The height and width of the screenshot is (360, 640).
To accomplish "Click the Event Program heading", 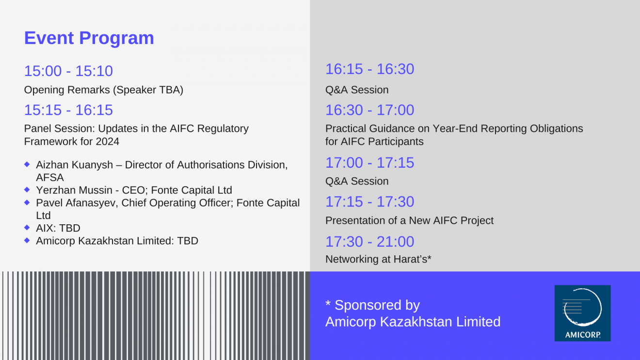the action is click(x=89, y=38).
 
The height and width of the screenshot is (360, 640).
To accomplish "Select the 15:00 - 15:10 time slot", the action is click(x=68, y=71).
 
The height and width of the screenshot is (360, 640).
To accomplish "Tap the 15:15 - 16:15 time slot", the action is click(x=68, y=110).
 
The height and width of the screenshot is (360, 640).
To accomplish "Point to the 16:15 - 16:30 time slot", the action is click(x=370, y=69).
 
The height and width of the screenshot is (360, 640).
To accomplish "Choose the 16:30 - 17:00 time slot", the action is click(x=370, y=110).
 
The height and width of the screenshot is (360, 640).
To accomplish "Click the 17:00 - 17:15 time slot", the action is click(x=370, y=163).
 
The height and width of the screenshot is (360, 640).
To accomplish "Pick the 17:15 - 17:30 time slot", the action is click(x=370, y=202).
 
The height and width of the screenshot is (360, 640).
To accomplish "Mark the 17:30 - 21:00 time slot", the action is click(x=370, y=241).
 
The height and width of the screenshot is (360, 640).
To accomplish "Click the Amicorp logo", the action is click(x=583, y=313).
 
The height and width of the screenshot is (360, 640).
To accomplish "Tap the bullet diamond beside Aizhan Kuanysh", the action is click(x=27, y=164).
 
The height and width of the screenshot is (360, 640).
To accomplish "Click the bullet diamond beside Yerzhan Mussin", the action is click(x=27, y=189).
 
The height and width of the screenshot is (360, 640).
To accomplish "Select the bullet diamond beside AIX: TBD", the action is click(x=27, y=228).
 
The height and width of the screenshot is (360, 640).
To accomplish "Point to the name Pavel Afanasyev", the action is click(x=76, y=203).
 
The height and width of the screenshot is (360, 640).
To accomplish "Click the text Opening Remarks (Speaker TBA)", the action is click(x=104, y=90).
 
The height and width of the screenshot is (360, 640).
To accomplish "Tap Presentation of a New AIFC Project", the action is click(x=409, y=220).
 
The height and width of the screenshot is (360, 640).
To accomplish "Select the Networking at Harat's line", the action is click(x=378, y=259).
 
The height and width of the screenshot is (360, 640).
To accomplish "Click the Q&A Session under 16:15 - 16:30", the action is click(x=357, y=90).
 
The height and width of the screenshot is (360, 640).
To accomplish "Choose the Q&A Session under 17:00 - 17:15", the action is click(x=357, y=181).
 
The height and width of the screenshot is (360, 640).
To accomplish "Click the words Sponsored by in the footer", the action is click(x=377, y=305).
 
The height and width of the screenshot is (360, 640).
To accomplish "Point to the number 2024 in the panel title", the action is click(x=108, y=141).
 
